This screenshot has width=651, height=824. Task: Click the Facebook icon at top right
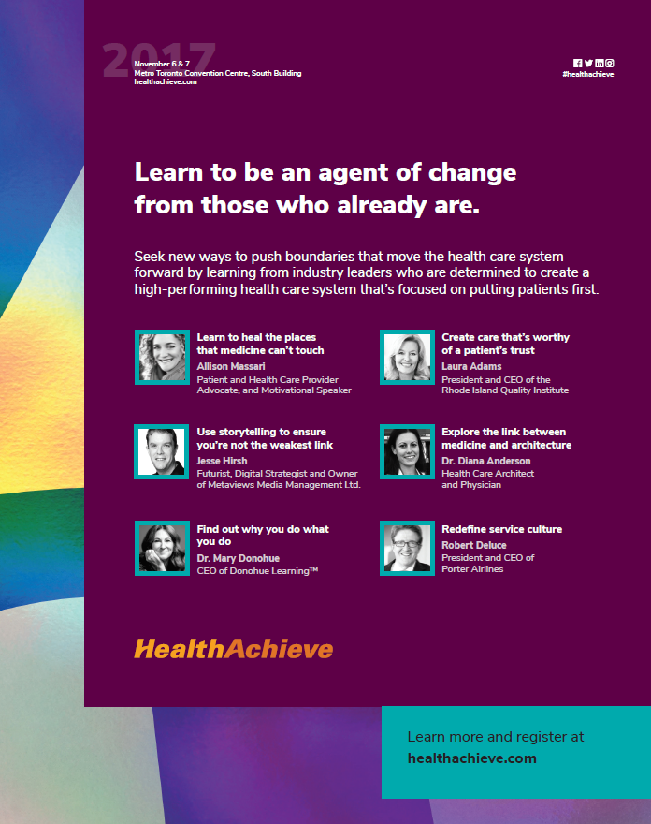pos(577,63)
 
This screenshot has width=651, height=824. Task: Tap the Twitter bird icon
pos(588,63)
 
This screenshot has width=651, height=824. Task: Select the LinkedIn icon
pos(599,63)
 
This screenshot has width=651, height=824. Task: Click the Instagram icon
pos(610,63)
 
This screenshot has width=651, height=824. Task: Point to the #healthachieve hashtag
pos(588,75)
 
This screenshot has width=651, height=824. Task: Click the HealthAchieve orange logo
pos(234,649)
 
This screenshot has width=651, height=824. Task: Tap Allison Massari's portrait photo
pos(162,358)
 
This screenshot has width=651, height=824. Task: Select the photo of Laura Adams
pos(408,358)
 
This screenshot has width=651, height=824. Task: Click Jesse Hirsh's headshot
pos(162,452)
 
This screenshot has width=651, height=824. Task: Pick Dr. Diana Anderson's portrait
pos(408,452)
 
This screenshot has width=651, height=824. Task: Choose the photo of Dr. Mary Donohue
pos(162,548)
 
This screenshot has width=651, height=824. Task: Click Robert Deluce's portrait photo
pos(408,548)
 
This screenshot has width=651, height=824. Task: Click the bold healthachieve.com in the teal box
pos(472,758)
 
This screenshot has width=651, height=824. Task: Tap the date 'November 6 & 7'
pos(162,64)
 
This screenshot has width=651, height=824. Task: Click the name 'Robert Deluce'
pos(474,545)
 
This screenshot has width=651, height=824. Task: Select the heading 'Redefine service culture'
pos(502,529)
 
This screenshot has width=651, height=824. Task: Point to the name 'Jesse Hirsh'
pos(222,461)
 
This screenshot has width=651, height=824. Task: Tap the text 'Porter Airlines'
pos(472,569)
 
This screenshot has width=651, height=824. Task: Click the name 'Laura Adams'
pos(471,366)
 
